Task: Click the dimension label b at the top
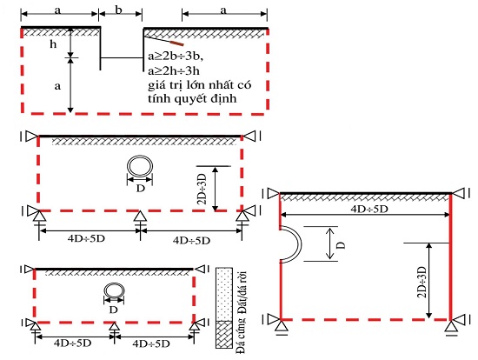(119, 10)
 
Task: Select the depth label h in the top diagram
(53, 44)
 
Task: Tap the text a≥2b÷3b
(176, 57)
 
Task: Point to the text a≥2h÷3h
(174, 70)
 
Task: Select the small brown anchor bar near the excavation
(176, 43)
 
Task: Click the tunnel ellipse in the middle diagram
(140, 166)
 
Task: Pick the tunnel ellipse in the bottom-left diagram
(114, 290)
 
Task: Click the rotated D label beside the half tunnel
(342, 245)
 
